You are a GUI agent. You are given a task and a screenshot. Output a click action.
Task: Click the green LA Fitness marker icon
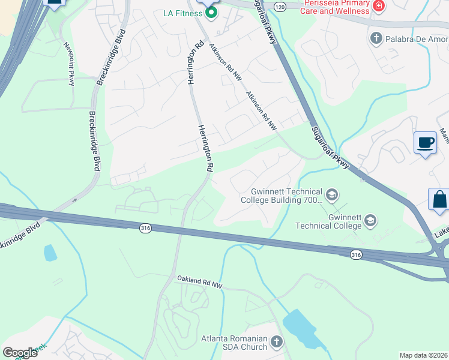click(x=211, y=12)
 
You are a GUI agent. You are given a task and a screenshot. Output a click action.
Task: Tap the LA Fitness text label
click(x=182, y=13)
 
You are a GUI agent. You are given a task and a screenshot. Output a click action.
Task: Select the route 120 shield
click(x=280, y=6)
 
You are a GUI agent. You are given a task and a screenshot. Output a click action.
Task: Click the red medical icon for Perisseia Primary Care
click(x=379, y=7)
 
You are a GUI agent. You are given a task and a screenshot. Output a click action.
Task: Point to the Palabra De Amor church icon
click(x=376, y=38)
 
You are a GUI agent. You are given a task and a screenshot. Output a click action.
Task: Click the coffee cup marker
click(x=425, y=143)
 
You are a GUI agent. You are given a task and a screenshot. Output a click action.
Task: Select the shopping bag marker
click(x=439, y=200)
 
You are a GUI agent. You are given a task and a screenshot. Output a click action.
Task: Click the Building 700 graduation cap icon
click(x=331, y=195)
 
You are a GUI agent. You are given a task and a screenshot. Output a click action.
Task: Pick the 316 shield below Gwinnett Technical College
click(x=357, y=255)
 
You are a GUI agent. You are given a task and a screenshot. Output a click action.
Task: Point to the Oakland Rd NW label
click(x=199, y=281)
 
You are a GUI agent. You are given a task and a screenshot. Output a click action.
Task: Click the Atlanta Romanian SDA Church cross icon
click(x=276, y=342)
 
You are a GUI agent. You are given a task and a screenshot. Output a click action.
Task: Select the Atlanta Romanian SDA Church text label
click(x=234, y=343)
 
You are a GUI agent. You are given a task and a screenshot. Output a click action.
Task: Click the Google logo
click(x=20, y=353)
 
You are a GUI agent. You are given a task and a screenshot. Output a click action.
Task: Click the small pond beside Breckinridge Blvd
click(x=50, y=253)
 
